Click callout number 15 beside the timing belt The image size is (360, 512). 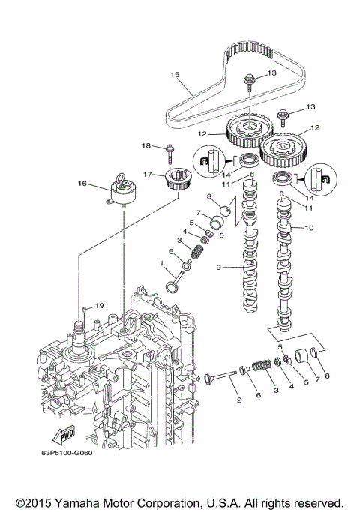pos(175,74)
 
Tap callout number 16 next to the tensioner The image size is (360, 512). pos(82,182)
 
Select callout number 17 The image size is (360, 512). pos(148,175)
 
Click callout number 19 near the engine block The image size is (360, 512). pos(99,306)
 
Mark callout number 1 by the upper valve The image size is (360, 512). pos(160,262)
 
